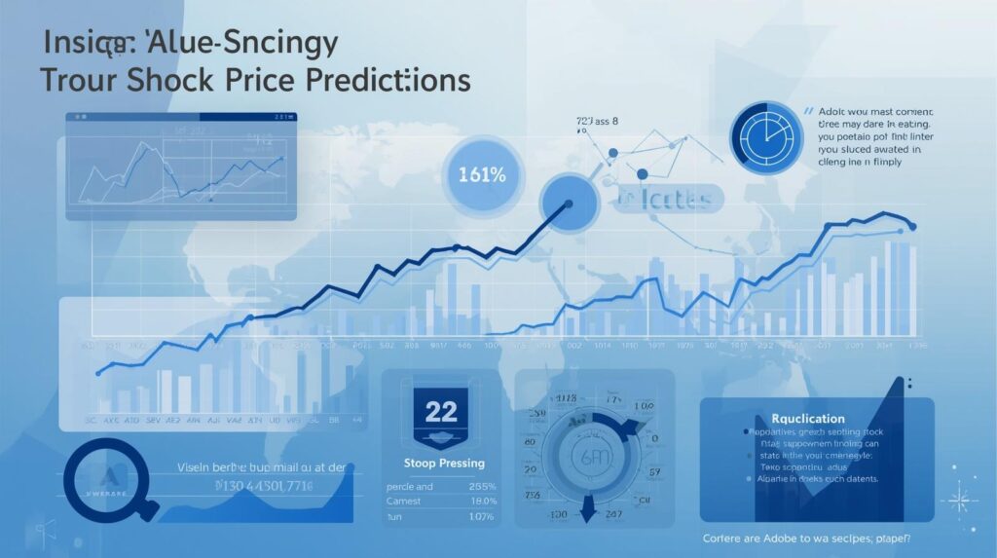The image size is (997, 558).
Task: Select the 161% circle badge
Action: click(x=480, y=176)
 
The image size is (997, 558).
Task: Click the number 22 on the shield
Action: click(x=440, y=410)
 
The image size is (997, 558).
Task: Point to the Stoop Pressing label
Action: click(x=443, y=464)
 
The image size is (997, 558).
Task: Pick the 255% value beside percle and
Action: click(x=481, y=487)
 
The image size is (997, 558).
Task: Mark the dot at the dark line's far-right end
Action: click(x=911, y=226)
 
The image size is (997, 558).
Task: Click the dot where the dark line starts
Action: click(x=98, y=372)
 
